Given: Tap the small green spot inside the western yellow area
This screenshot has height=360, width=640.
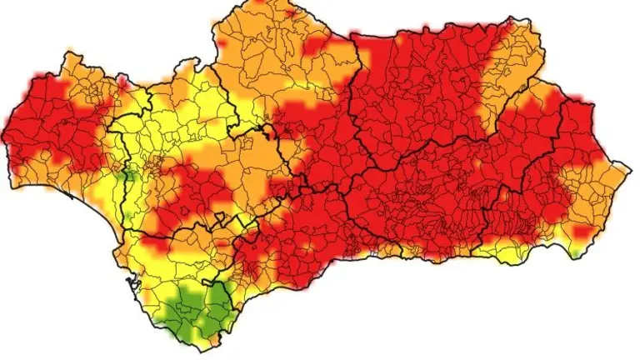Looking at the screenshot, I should point(127,176).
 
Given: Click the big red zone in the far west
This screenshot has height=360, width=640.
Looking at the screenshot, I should point(50,125).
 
